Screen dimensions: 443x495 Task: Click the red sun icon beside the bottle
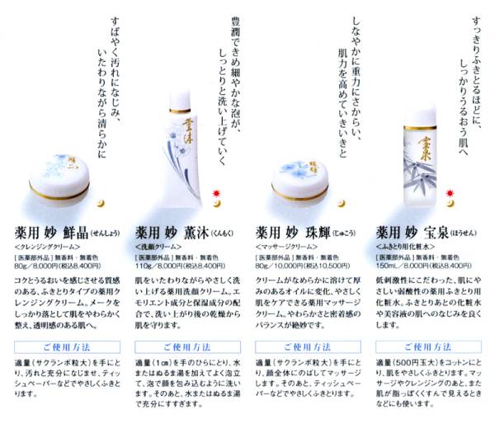click(451, 194)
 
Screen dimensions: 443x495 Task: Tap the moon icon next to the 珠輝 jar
click(339, 201)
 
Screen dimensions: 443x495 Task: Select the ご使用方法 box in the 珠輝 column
click(308, 346)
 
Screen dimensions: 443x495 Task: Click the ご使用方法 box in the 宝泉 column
click(428, 346)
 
